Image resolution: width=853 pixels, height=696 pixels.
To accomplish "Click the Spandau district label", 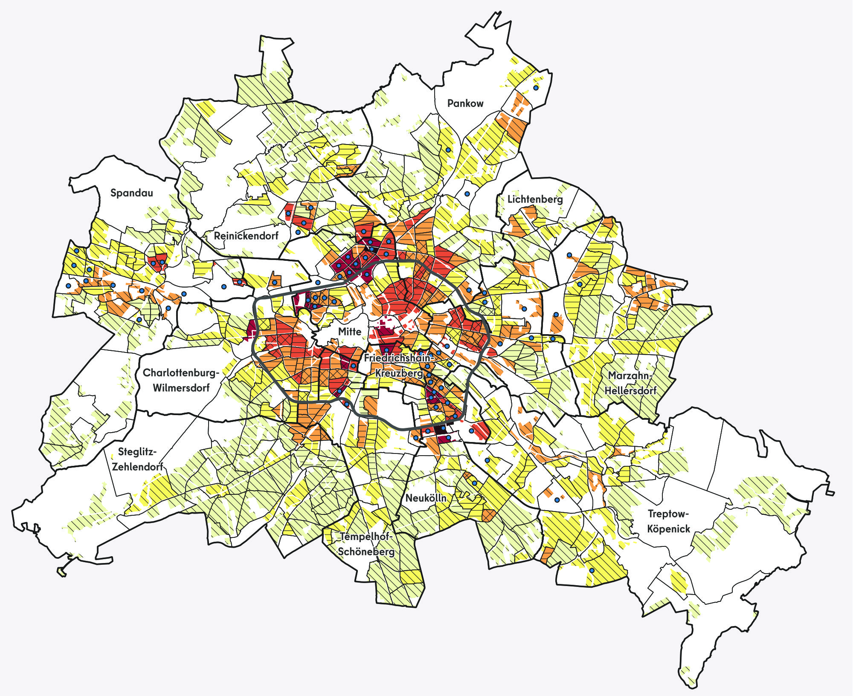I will tap(131, 193).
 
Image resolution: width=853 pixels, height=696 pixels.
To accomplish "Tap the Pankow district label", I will tap(465, 103).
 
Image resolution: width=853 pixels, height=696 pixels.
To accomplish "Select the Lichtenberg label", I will tap(535, 199).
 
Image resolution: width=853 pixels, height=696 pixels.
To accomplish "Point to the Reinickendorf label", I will tap(246, 236).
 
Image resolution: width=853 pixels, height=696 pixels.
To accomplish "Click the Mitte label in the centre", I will tap(350, 332).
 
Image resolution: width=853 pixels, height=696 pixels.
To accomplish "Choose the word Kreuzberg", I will tap(398, 373).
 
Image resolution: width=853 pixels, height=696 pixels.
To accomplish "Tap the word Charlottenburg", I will tap(180, 373).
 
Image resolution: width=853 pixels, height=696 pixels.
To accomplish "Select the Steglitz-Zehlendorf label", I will tap(137, 459).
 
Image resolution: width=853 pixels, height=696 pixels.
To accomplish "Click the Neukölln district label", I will tap(426, 498).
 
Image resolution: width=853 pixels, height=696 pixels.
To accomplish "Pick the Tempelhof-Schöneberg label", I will tap(366, 544).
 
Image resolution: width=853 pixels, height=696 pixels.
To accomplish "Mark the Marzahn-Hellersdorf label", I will tap(630, 383).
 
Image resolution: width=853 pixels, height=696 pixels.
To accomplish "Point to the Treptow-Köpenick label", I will tap(668, 521).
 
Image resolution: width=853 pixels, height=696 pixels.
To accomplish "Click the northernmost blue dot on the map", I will tap(536, 88).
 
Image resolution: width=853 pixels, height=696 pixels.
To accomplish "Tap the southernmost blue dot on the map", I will tap(592, 570).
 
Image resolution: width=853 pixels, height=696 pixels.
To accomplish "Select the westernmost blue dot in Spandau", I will tap(68, 286).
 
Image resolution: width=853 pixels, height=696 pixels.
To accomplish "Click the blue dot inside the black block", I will tap(443, 428).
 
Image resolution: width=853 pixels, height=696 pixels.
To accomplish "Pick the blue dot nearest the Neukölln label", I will tap(474, 483).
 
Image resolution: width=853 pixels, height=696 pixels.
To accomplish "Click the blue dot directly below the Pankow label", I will tap(448, 150).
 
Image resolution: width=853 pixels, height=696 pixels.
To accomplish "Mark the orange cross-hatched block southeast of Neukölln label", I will tap(488, 515).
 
